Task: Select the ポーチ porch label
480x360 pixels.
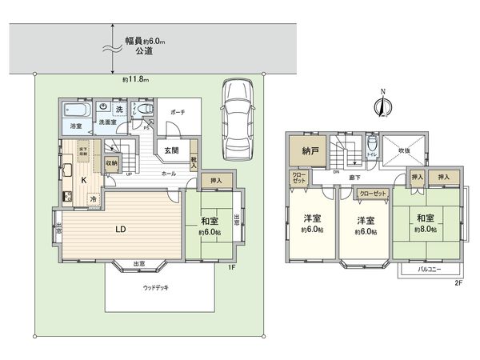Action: coord(178,113)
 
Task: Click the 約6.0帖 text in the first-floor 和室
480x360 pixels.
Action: coord(210,233)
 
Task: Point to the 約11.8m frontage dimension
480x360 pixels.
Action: coord(136,78)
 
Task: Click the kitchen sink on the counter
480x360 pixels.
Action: coord(66,170)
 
